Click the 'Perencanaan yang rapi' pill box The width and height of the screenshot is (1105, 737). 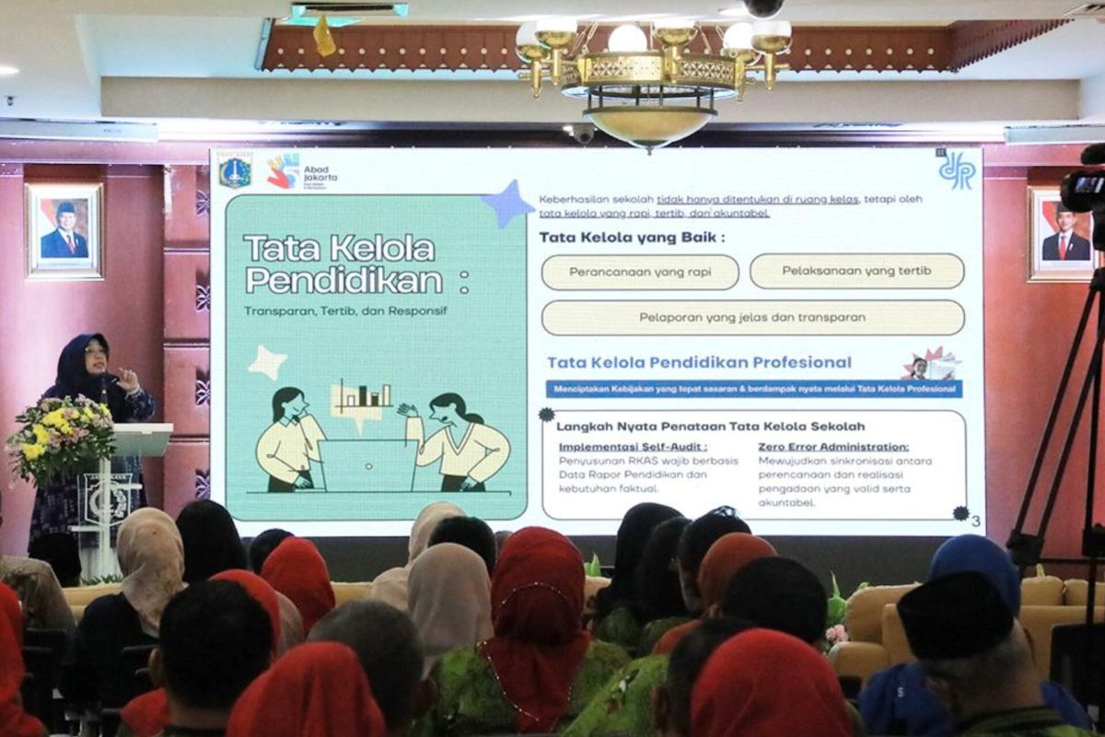click(640, 272)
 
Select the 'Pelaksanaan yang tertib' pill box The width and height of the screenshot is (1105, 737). click(856, 271)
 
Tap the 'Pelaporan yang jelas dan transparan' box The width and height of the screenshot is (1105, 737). click(752, 317)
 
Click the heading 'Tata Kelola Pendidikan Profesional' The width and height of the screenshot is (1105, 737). click(699, 362)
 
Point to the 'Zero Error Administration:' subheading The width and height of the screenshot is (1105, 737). click(833, 446)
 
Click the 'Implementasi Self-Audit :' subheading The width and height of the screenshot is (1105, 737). click(634, 446)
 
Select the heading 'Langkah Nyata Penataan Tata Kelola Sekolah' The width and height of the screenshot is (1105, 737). click(710, 426)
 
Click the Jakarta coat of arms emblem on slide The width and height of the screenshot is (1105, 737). click(235, 172)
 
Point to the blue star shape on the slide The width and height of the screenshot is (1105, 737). click(507, 205)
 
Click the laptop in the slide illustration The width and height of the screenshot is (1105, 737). click(366, 465)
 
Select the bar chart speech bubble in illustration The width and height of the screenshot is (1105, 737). click(362, 399)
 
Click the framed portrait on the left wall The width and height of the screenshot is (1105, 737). click(64, 230)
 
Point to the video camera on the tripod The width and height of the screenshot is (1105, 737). click(1085, 189)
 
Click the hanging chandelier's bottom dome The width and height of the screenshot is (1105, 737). click(650, 127)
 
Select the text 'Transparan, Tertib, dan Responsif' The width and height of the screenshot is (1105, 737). click(345, 310)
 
